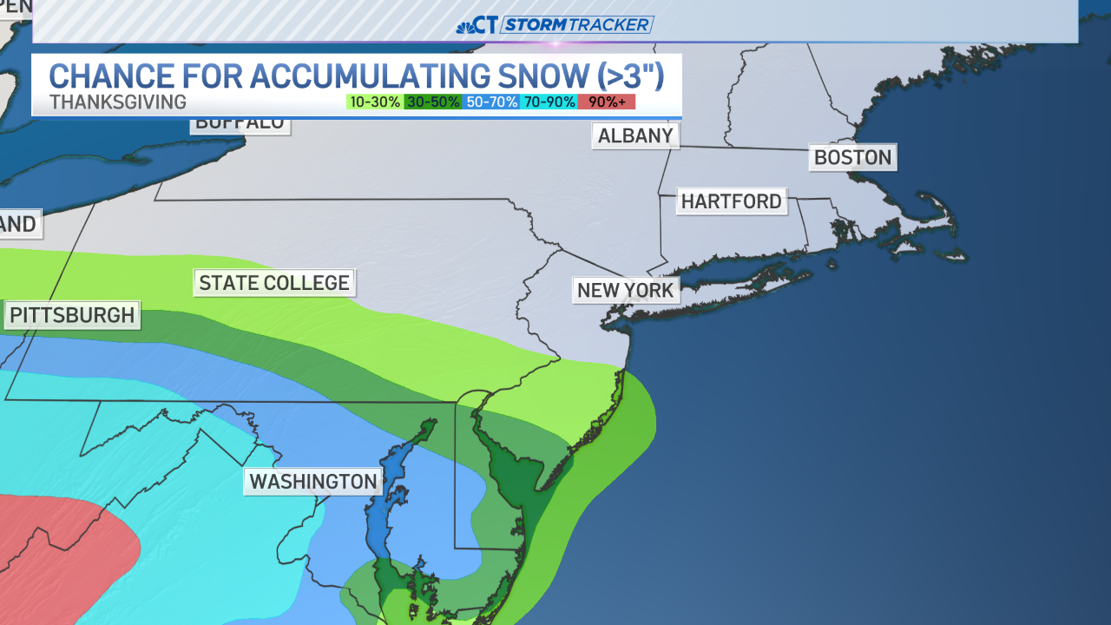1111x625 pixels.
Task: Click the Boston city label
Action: pos(852,157)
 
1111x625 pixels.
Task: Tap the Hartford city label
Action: pos(731,201)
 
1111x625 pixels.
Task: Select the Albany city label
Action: pos(635,135)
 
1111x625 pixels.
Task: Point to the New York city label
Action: pos(625,290)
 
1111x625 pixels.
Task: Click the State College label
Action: pos(274,282)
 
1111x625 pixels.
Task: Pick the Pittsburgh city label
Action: pos(72,314)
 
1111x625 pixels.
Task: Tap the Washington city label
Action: pos(312,481)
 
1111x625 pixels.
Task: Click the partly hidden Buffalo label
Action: pos(240,124)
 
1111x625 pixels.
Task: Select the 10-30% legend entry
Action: pos(375,102)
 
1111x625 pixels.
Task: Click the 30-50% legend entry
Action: pos(433,102)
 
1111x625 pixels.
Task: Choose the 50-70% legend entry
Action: pos(491,102)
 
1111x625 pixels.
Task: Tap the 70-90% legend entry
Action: pos(549,102)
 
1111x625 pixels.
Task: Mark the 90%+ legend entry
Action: pos(607,102)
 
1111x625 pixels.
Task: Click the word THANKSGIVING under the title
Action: pos(118,102)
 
